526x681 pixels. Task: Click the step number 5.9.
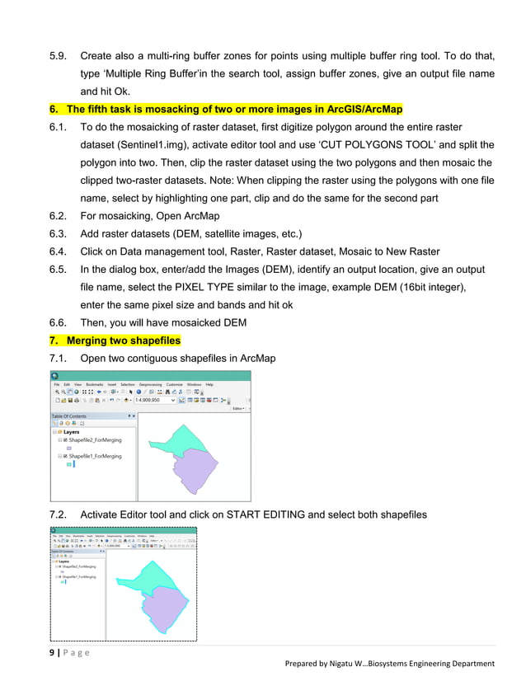(59, 56)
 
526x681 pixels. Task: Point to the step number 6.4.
(59, 251)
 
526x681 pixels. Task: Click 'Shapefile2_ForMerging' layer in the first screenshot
(95, 440)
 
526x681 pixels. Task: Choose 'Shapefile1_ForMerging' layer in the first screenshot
(95, 456)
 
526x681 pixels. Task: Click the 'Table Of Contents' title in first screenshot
(68, 416)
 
